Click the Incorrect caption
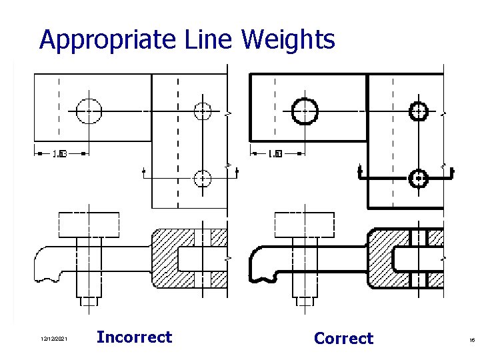pos(134,337)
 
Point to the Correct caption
pos(343,339)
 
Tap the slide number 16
pos(471,341)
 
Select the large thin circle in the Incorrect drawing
pos(88,111)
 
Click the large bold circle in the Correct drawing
pos(305,111)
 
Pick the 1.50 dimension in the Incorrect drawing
pos(59,154)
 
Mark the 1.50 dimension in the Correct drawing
pos(275,154)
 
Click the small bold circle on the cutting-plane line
pos(418,178)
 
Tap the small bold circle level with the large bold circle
pos(418,111)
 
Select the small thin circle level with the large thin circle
pos(202,111)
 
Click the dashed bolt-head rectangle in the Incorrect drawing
pos(89,225)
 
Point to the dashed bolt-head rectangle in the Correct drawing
pos(305,225)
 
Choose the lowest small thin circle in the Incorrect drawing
pos(202,178)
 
